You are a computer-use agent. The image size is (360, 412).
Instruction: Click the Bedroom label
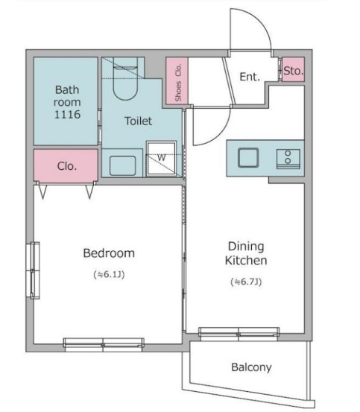point(109,253)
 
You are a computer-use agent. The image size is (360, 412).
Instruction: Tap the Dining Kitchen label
point(246,253)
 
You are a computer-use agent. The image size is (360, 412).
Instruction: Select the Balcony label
point(251,367)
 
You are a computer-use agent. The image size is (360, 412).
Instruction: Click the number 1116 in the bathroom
point(67,114)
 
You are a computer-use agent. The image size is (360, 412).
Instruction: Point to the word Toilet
point(138,121)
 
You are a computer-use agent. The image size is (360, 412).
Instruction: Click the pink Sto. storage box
point(293,69)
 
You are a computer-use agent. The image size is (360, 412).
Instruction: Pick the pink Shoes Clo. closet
point(177,80)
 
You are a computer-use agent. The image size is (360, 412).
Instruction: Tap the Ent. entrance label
point(250,77)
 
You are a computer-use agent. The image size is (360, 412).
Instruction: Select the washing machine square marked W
point(161,158)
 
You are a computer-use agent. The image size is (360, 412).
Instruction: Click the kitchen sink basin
point(248,158)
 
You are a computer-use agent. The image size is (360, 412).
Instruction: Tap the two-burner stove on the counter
point(288,159)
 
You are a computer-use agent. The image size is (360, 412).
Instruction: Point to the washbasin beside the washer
point(122,165)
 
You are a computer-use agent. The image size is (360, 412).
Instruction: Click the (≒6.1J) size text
point(109,275)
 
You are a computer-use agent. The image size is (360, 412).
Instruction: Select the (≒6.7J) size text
point(246,282)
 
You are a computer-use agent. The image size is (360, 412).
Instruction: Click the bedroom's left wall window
point(33,270)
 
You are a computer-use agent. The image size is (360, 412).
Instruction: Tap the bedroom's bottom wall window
point(104,345)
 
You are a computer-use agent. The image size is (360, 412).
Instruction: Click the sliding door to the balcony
point(239,334)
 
